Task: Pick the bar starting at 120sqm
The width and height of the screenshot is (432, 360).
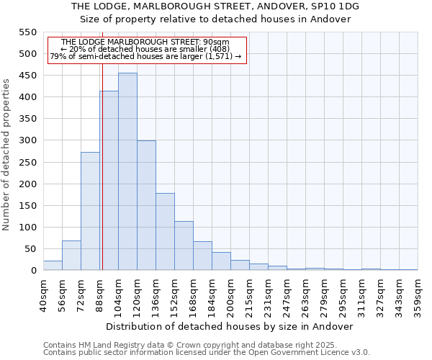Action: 146,205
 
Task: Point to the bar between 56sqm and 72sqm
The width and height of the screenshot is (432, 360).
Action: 71,256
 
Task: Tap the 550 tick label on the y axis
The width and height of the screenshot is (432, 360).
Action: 27,32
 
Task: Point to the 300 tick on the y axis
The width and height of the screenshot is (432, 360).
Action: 27,141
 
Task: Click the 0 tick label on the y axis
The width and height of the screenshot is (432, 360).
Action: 33,271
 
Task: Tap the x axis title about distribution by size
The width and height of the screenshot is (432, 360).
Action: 234,326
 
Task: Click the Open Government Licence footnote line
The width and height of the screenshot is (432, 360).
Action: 207,353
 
